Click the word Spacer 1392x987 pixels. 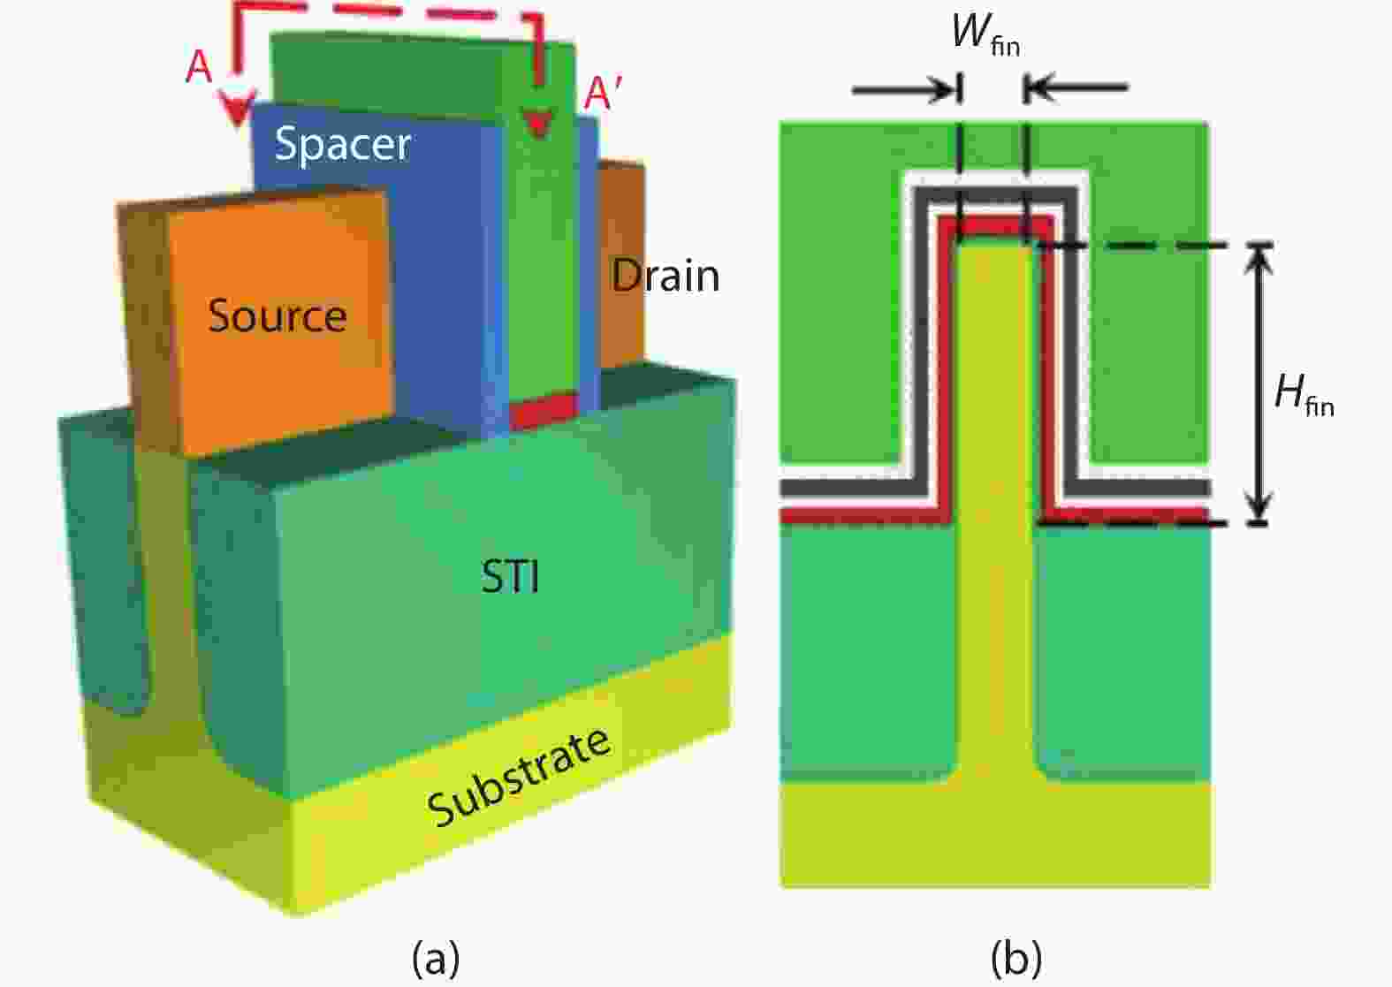342,144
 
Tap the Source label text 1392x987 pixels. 277,315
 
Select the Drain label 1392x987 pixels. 666,276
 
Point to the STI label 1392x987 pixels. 510,577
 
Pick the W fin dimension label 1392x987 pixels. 985,35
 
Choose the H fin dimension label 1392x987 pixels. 1304,393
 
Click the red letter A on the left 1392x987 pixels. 199,66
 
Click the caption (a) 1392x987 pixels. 436,957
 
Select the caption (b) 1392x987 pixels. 1016,957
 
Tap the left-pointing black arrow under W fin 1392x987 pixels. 1078,87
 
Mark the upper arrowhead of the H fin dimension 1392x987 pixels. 1259,256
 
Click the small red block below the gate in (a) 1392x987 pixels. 543,412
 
